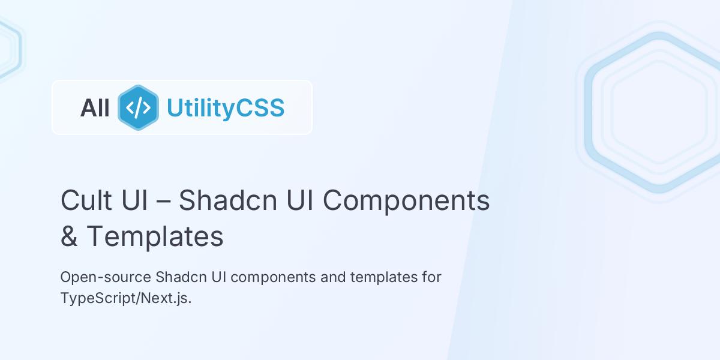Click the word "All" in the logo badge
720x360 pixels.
coord(95,109)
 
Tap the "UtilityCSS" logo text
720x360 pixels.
coord(225,108)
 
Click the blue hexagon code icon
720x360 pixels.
coord(138,108)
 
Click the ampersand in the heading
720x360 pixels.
coord(69,236)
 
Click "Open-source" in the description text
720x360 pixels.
coord(106,278)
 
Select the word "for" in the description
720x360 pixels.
coord(431,278)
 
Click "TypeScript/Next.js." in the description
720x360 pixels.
coord(126,298)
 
